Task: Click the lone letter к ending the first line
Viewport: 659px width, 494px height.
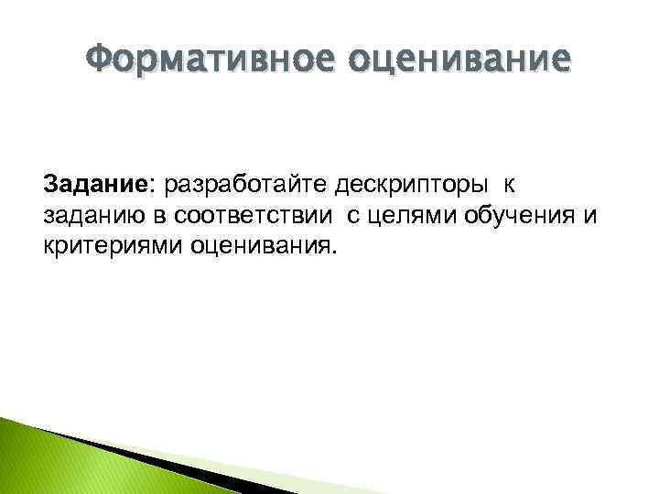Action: point(510,187)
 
